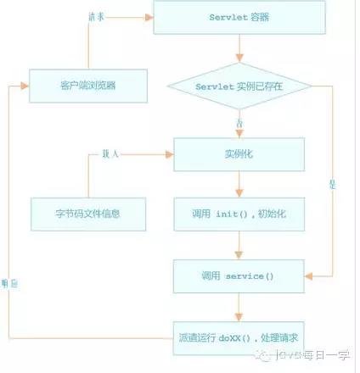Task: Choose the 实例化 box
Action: [239, 154]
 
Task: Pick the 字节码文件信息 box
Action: [87, 213]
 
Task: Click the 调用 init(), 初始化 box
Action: [239, 213]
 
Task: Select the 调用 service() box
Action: [239, 276]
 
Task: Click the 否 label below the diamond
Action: [240, 125]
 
